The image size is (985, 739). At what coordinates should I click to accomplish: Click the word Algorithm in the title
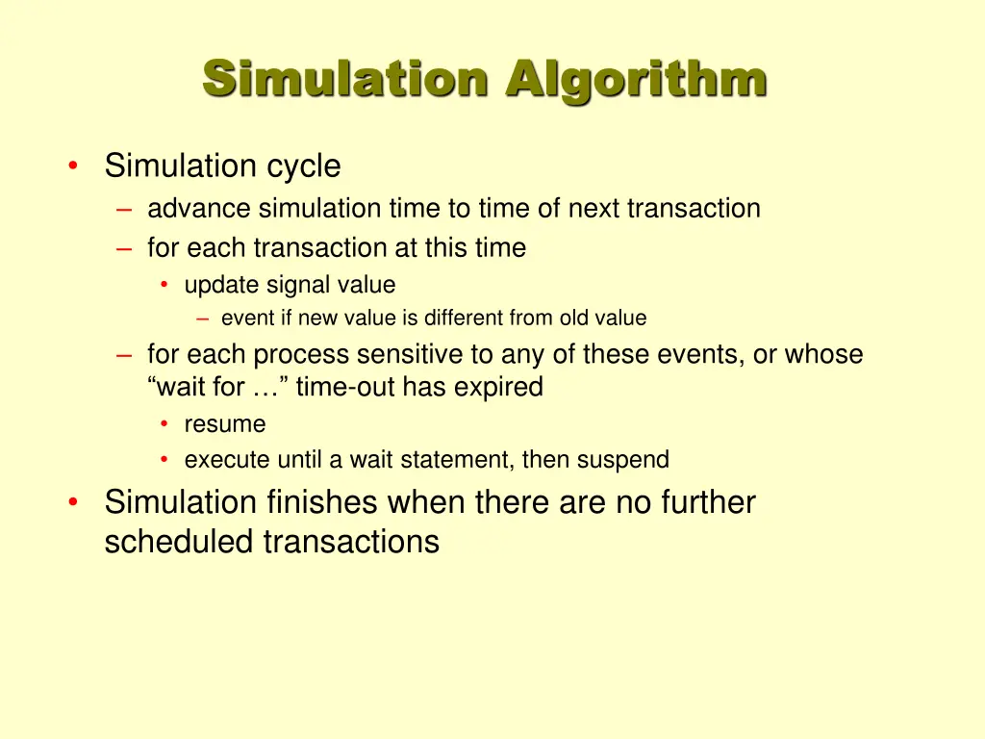pos(637,80)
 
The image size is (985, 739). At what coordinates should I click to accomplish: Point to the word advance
pos(199,208)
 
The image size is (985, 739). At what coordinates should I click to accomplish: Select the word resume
pos(225,424)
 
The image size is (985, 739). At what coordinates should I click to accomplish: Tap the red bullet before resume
pos(165,424)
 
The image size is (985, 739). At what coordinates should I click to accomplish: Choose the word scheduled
pos(180,542)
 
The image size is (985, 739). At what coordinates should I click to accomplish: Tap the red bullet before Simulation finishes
pos(74,501)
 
